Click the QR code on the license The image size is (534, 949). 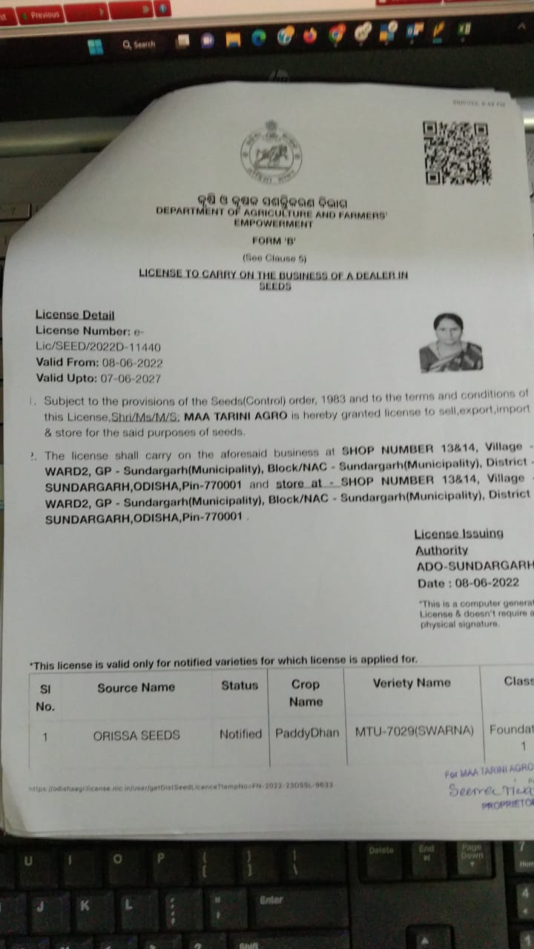tap(457, 153)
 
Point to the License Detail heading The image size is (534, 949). tap(75, 315)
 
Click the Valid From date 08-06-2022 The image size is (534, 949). tap(132, 363)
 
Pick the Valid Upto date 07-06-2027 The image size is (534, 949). tap(131, 378)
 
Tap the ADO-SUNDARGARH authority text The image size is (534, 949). tap(475, 566)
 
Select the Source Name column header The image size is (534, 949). tap(136, 687)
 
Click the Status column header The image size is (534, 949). tap(240, 686)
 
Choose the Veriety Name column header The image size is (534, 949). tap(412, 683)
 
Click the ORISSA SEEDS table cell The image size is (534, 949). tap(136, 735)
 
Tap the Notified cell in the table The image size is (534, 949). tap(240, 734)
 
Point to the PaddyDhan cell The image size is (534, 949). tap(307, 733)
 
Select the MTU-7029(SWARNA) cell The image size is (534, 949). tap(414, 731)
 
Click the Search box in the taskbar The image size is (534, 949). tap(139, 44)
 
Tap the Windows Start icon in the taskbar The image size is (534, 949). tap(96, 47)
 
